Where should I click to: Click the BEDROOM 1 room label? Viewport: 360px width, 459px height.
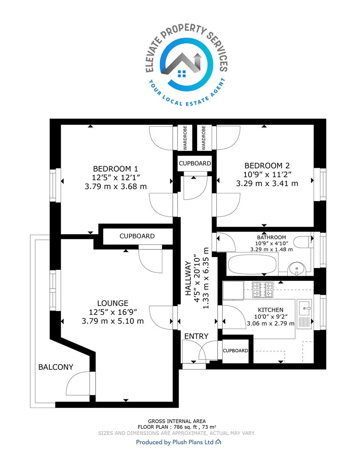[115, 169]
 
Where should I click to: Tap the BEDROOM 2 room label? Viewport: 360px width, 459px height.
[267, 166]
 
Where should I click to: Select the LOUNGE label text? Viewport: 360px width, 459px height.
[113, 303]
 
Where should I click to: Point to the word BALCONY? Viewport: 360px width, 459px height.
[56, 367]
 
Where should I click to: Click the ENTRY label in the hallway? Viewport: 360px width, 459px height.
[196, 336]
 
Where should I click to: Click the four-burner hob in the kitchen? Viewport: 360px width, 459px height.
[263, 289]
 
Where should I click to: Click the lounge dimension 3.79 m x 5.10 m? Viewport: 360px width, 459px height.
[113, 321]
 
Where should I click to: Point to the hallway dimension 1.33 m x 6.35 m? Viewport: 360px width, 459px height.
[206, 278]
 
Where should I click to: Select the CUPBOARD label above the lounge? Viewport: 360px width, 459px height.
[137, 236]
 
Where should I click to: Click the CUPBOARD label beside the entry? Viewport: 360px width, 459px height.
[235, 351]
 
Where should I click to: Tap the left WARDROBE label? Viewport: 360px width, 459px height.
[185, 138]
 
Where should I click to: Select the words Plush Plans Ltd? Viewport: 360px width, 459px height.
[193, 442]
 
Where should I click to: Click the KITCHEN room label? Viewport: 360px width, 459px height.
[270, 310]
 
